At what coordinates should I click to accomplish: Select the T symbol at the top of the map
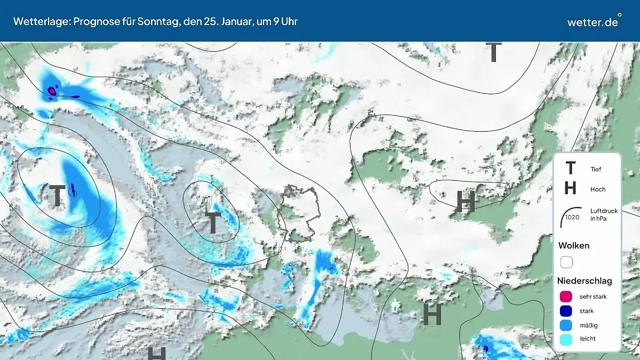(x=494, y=52)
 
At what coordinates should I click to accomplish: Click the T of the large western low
(x=57, y=196)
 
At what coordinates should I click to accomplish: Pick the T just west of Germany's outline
(x=213, y=223)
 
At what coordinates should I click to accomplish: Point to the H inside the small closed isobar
(x=466, y=202)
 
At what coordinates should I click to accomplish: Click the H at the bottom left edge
(x=156, y=353)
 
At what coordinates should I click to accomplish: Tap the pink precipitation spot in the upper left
(x=52, y=91)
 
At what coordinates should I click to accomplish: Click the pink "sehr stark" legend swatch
(x=566, y=297)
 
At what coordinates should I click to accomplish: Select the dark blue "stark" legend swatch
(x=566, y=311)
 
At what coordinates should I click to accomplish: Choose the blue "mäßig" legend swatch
(x=566, y=325)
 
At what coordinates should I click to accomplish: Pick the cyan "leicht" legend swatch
(x=566, y=339)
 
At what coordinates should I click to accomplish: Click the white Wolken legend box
(x=566, y=262)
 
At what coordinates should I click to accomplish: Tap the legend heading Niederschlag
(x=585, y=281)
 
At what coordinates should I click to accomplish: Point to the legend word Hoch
(x=598, y=189)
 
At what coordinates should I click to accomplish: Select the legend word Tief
(x=596, y=169)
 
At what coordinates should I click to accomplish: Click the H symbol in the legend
(x=570, y=188)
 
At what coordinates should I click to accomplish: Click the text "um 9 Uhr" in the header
(x=277, y=22)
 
